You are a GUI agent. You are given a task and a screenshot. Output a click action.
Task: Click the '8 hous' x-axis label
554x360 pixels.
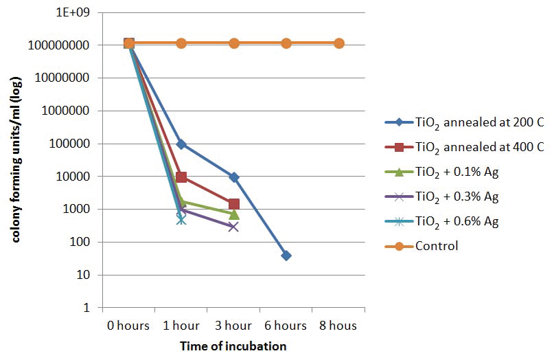click(x=338, y=325)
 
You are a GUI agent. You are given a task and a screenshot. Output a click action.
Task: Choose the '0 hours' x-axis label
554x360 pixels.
click(x=128, y=325)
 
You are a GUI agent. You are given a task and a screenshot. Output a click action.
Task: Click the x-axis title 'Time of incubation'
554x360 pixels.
click(x=233, y=346)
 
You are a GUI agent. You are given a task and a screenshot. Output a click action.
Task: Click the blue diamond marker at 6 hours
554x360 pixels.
click(x=286, y=256)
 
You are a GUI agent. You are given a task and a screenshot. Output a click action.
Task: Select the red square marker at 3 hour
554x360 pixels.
click(x=233, y=204)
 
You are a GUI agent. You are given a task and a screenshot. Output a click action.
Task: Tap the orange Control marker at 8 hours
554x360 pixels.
click(x=338, y=43)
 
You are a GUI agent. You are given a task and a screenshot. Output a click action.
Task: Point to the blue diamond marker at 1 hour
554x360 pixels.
click(x=181, y=144)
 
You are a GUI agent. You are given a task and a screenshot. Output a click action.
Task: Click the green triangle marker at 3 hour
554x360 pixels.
click(x=233, y=214)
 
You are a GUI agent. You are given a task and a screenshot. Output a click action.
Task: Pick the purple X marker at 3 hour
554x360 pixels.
click(x=233, y=227)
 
